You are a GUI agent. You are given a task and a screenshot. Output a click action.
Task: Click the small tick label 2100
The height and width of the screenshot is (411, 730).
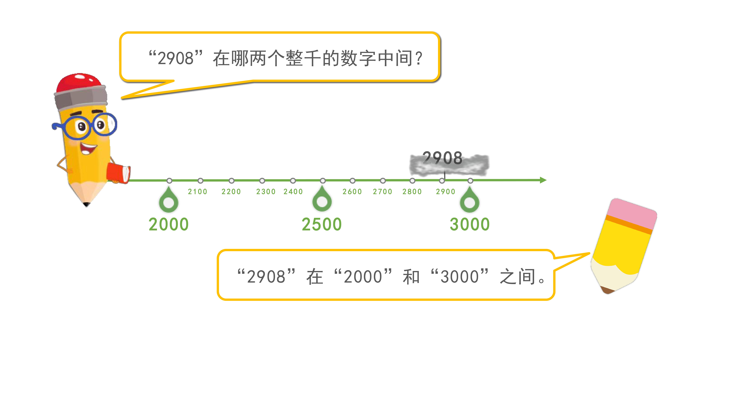click(x=198, y=192)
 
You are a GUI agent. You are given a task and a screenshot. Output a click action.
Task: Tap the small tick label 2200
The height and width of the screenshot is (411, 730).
click(x=231, y=192)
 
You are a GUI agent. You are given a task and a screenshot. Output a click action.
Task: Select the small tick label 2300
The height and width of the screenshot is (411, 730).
click(x=266, y=192)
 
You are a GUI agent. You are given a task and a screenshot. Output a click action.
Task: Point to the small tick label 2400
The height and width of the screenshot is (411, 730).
click(x=293, y=192)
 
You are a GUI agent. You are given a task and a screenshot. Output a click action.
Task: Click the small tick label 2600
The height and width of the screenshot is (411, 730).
click(x=352, y=192)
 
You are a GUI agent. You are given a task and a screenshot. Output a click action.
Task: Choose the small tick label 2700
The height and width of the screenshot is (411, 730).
click(x=383, y=192)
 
